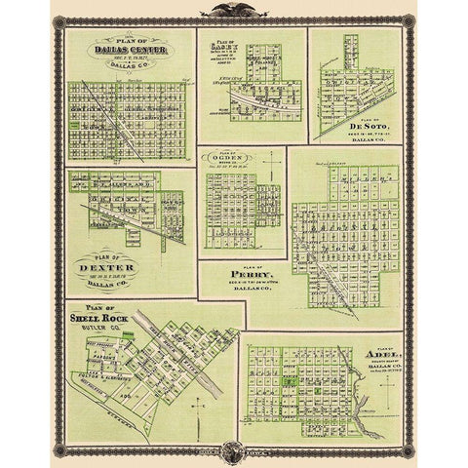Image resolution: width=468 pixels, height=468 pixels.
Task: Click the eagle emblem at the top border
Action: click(233, 13)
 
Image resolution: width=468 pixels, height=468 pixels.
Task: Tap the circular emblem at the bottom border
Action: click(233, 453)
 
